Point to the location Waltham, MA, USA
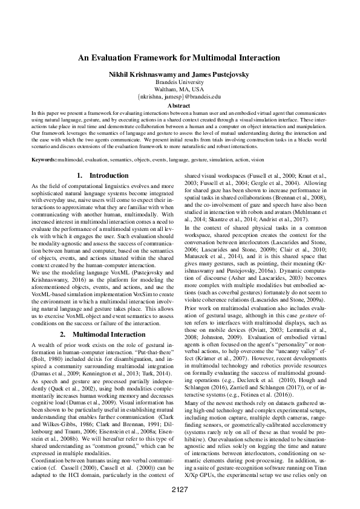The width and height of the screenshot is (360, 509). point(180,88)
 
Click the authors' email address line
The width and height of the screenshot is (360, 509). point(180,96)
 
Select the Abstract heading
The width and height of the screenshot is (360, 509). point(180,104)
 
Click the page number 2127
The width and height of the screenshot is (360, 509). point(180,488)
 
